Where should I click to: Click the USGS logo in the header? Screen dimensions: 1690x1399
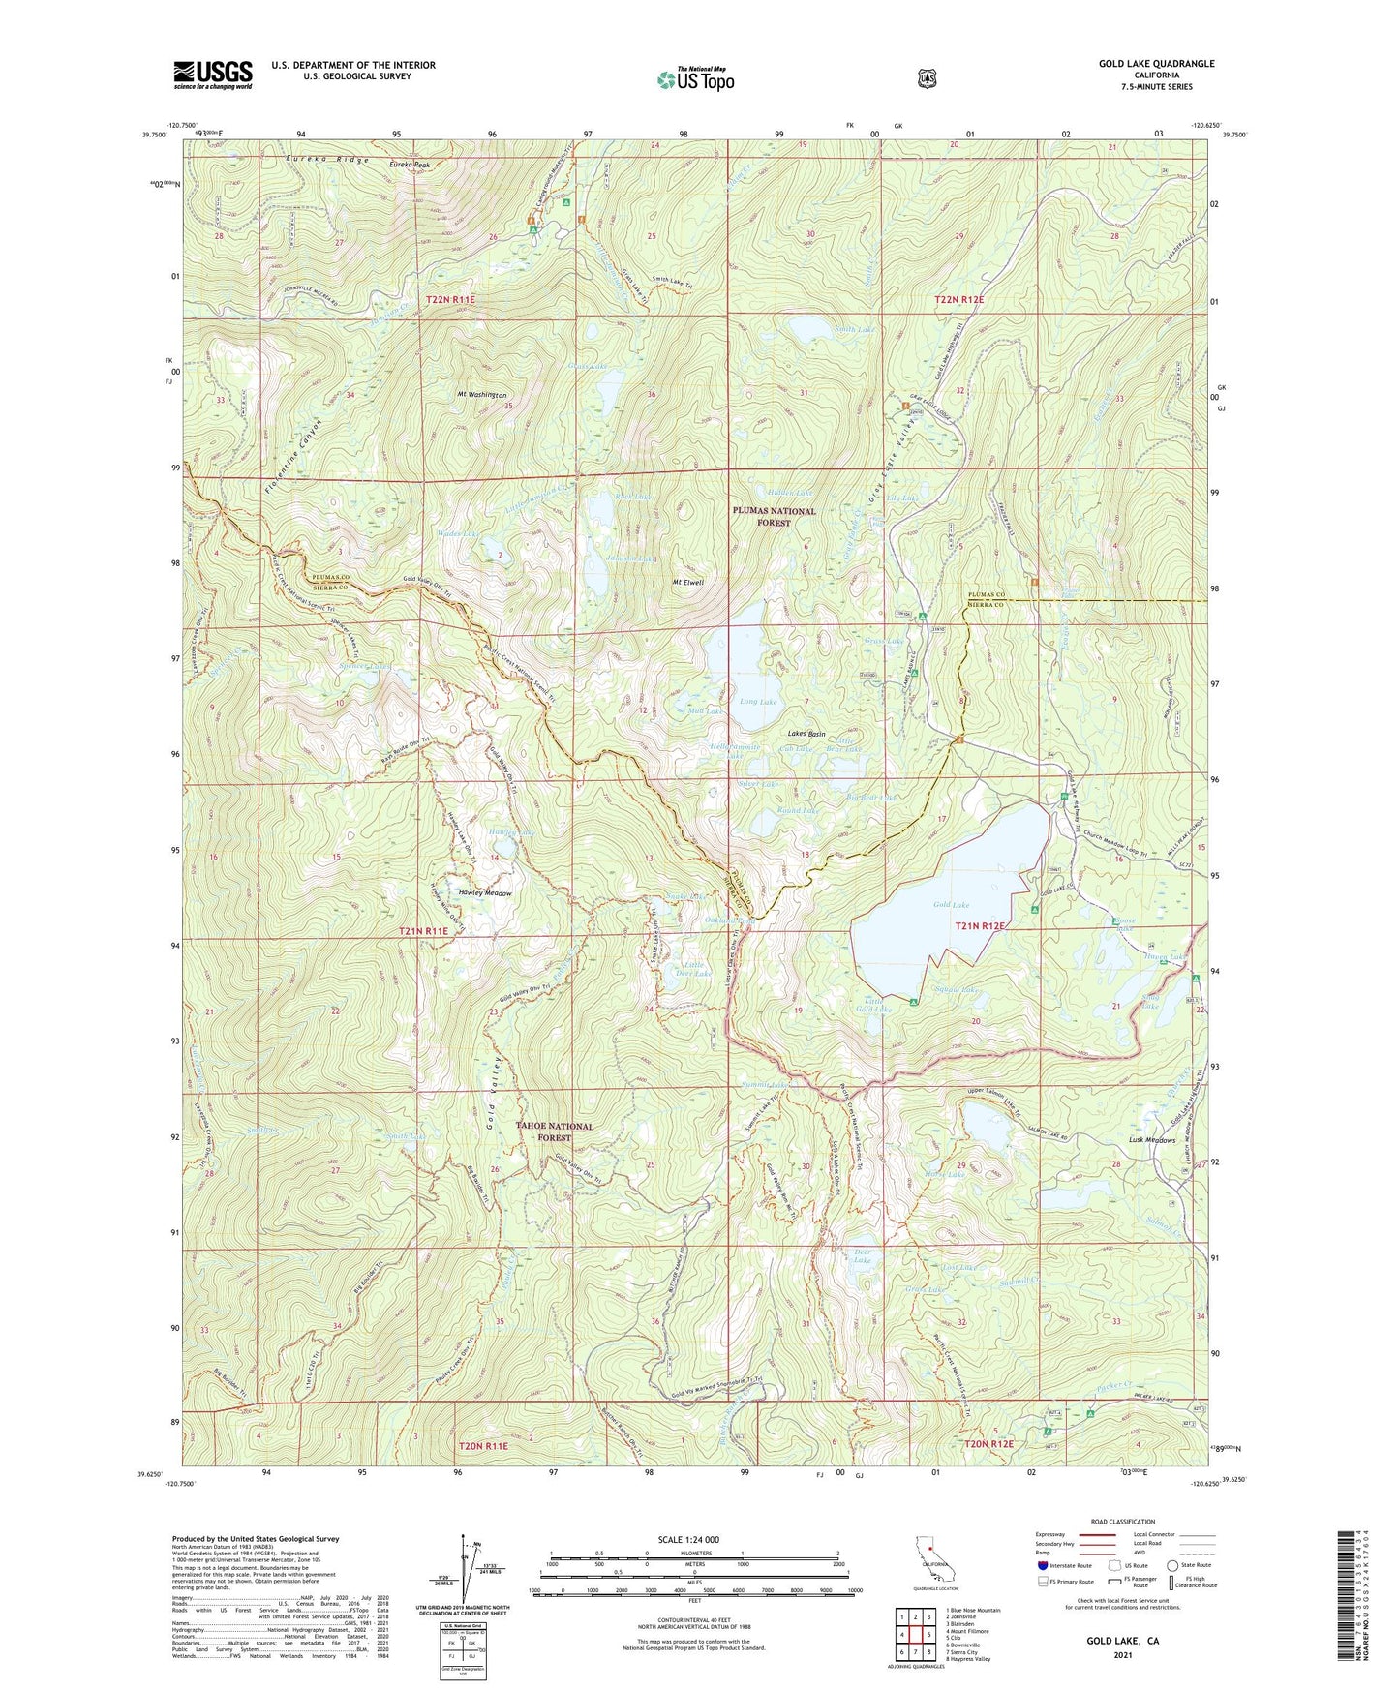212,75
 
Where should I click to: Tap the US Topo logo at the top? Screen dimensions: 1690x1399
694,80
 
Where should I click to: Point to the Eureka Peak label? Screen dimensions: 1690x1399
410,166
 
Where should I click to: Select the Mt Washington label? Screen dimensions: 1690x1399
482,396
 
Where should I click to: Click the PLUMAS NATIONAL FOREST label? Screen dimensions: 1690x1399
773,516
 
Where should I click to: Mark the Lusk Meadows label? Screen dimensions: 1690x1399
1150,1139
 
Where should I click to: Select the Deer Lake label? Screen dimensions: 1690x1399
862,1256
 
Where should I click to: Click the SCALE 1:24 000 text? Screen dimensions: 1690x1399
688,1539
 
